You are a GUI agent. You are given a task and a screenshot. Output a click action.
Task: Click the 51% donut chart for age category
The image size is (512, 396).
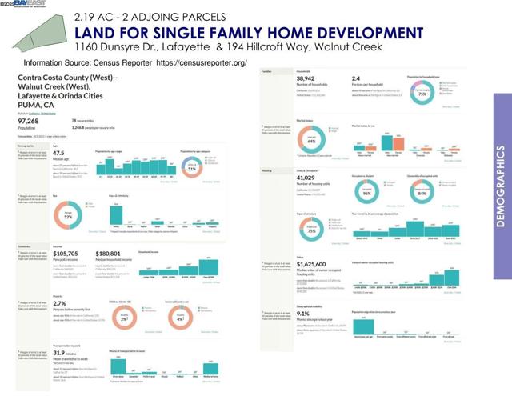(x=191, y=170)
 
